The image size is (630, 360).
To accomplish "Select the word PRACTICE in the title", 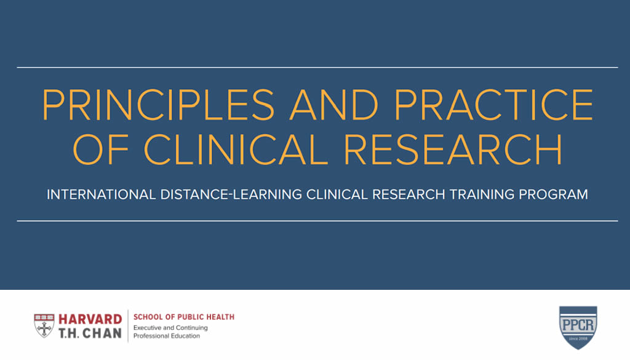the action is pos(494,105).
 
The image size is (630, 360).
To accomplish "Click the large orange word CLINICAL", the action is pos(236,149).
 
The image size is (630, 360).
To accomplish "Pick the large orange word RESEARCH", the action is pos(453,149).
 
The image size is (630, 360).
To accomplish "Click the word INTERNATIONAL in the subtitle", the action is pos(102,194).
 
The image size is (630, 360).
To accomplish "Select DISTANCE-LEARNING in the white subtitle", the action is pos(231,194).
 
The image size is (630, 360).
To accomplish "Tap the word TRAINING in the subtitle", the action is pos(482,194).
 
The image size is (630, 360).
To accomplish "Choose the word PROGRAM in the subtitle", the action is pos(553,194).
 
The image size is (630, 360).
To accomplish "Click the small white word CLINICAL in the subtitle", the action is pos(337,194).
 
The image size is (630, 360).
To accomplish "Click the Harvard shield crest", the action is pos(44,326).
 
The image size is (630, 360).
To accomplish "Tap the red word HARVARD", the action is pos(90,319).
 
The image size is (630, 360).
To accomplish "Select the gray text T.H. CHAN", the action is pos(90,333).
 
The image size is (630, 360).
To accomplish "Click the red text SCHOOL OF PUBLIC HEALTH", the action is pos(184,317).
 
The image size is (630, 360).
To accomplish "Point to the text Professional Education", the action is pos(167,336).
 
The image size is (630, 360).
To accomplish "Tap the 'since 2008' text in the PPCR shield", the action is pos(578,338).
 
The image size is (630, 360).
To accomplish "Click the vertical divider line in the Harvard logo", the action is pos(128,326).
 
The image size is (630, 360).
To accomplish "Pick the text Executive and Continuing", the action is pos(171,328).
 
